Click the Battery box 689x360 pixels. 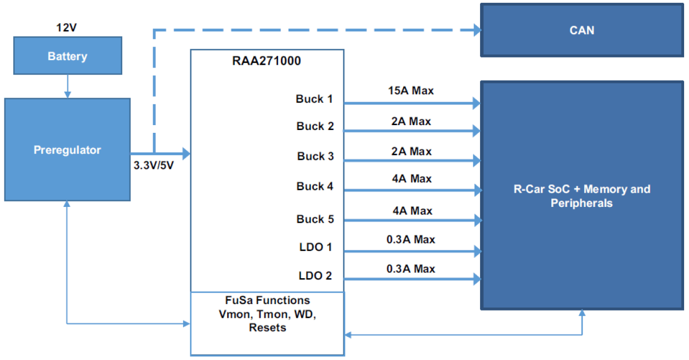(x=67, y=56)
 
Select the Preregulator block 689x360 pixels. (x=67, y=149)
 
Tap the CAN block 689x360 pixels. (x=581, y=30)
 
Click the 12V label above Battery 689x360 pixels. (x=67, y=27)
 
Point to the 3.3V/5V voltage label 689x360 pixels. (x=154, y=165)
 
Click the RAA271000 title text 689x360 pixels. (x=267, y=61)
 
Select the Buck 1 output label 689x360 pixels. (x=314, y=99)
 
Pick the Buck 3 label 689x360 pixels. (x=315, y=156)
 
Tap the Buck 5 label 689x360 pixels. (x=315, y=219)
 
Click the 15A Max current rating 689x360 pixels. (x=411, y=91)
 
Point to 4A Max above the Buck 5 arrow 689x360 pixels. (x=411, y=211)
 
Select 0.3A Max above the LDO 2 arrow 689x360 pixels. (x=411, y=269)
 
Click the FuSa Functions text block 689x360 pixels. (x=267, y=314)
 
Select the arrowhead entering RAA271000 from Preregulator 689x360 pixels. (x=186, y=153)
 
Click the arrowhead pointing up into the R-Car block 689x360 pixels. (x=582, y=313)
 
